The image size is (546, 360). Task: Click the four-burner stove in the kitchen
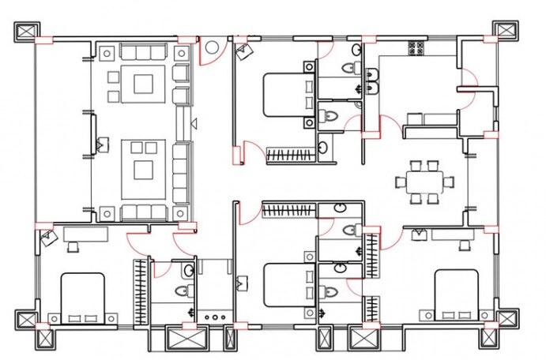click(x=416, y=48)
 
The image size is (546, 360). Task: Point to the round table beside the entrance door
click(x=212, y=48)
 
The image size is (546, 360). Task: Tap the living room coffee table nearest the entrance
click(x=143, y=82)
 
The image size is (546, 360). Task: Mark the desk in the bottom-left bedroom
click(x=86, y=233)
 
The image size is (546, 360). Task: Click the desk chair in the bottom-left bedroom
click(x=74, y=246)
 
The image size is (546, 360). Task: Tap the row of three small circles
click(x=213, y=316)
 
